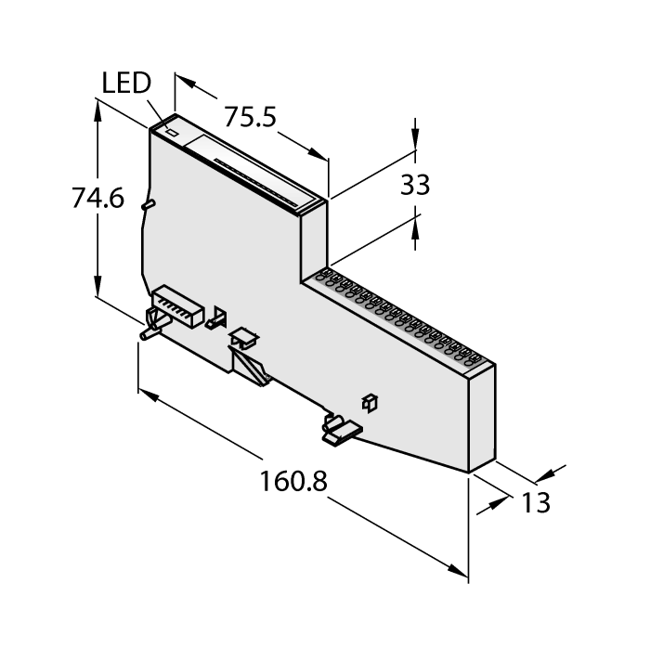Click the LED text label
pos(124,84)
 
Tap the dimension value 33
pos(415,185)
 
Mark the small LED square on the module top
pos(171,133)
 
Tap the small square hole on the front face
pos(369,401)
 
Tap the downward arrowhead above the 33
pos(415,140)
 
